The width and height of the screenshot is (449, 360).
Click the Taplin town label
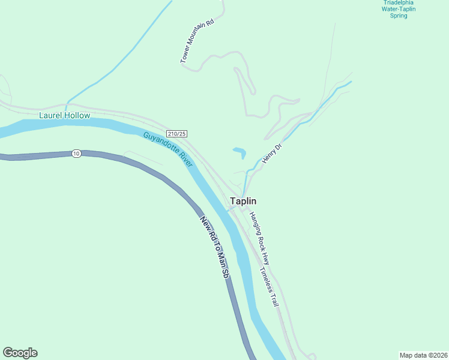244,202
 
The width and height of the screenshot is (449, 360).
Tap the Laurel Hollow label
64,115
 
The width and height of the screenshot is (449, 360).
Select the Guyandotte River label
167,149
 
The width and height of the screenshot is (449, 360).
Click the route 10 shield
76,154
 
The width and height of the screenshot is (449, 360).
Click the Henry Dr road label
271,154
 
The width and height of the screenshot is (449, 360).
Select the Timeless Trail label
270,287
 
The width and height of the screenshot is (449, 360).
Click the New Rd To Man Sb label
215,247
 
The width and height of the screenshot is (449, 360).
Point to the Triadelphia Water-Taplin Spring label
399,9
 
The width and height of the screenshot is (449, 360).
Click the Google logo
20,353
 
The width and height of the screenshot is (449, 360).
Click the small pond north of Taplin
240,151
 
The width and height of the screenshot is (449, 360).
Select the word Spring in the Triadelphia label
399,16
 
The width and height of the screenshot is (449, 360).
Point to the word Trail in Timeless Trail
274,296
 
